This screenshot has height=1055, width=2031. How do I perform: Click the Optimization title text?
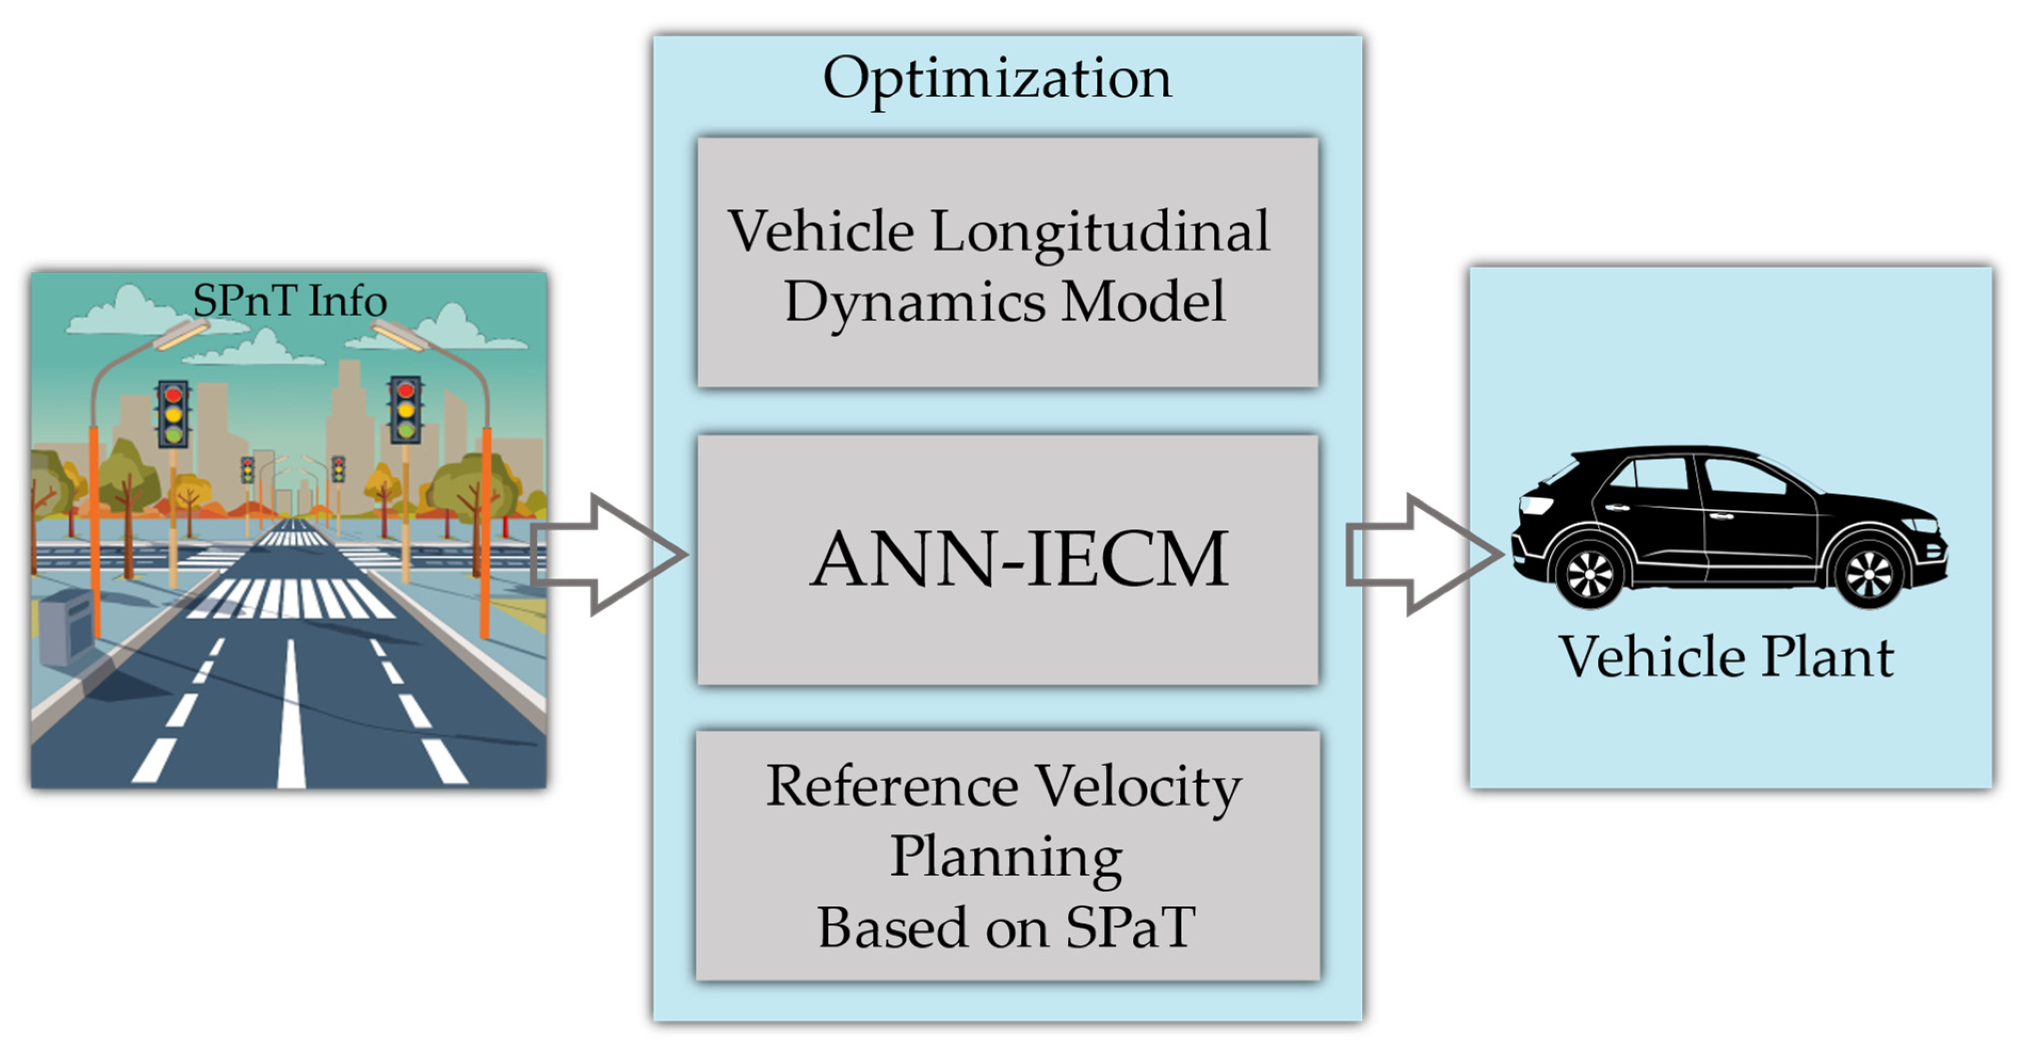(x=997, y=79)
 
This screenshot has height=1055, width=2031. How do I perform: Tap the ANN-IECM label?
(x=1018, y=559)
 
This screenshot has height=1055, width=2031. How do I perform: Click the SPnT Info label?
(x=289, y=301)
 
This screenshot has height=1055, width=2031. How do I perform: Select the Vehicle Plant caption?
(x=1727, y=657)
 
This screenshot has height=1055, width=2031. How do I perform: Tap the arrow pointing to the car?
(x=1423, y=554)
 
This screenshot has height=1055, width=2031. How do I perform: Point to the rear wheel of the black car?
(x=1588, y=574)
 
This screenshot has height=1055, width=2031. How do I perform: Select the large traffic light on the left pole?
(x=173, y=413)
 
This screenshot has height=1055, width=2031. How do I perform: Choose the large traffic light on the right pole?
(x=405, y=409)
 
